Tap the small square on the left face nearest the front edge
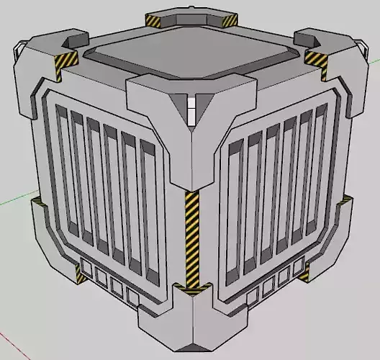(x=132, y=296)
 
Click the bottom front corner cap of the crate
(x=191, y=328)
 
